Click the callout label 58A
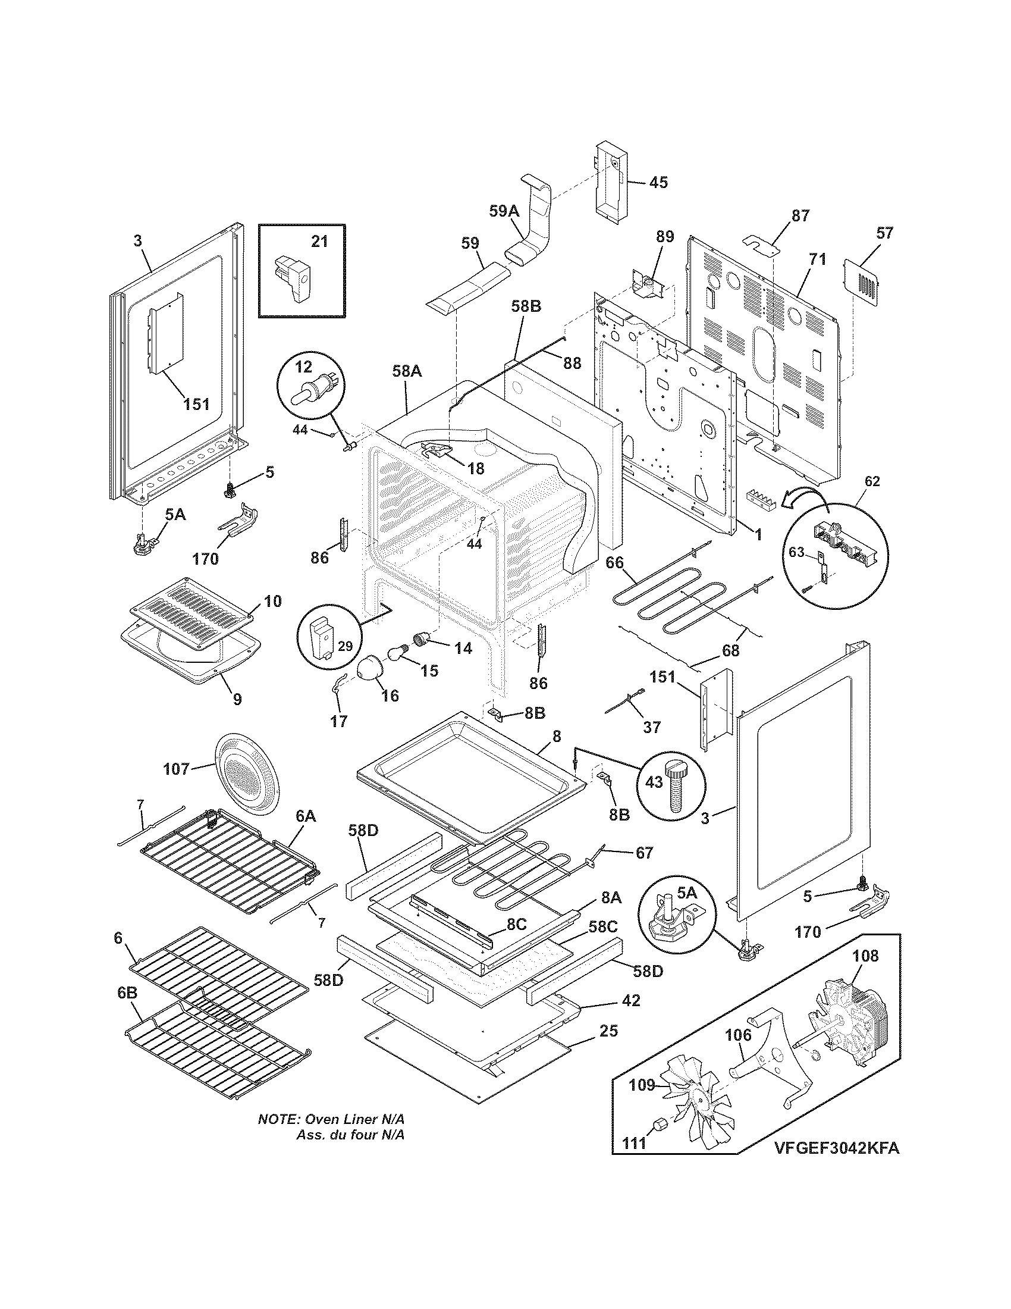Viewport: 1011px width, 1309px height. [x=407, y=372]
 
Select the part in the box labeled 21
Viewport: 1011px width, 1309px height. [x=293, y=279]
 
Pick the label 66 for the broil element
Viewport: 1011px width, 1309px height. [x=614, y=562]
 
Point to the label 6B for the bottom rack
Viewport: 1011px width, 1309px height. [x=127, y=992]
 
